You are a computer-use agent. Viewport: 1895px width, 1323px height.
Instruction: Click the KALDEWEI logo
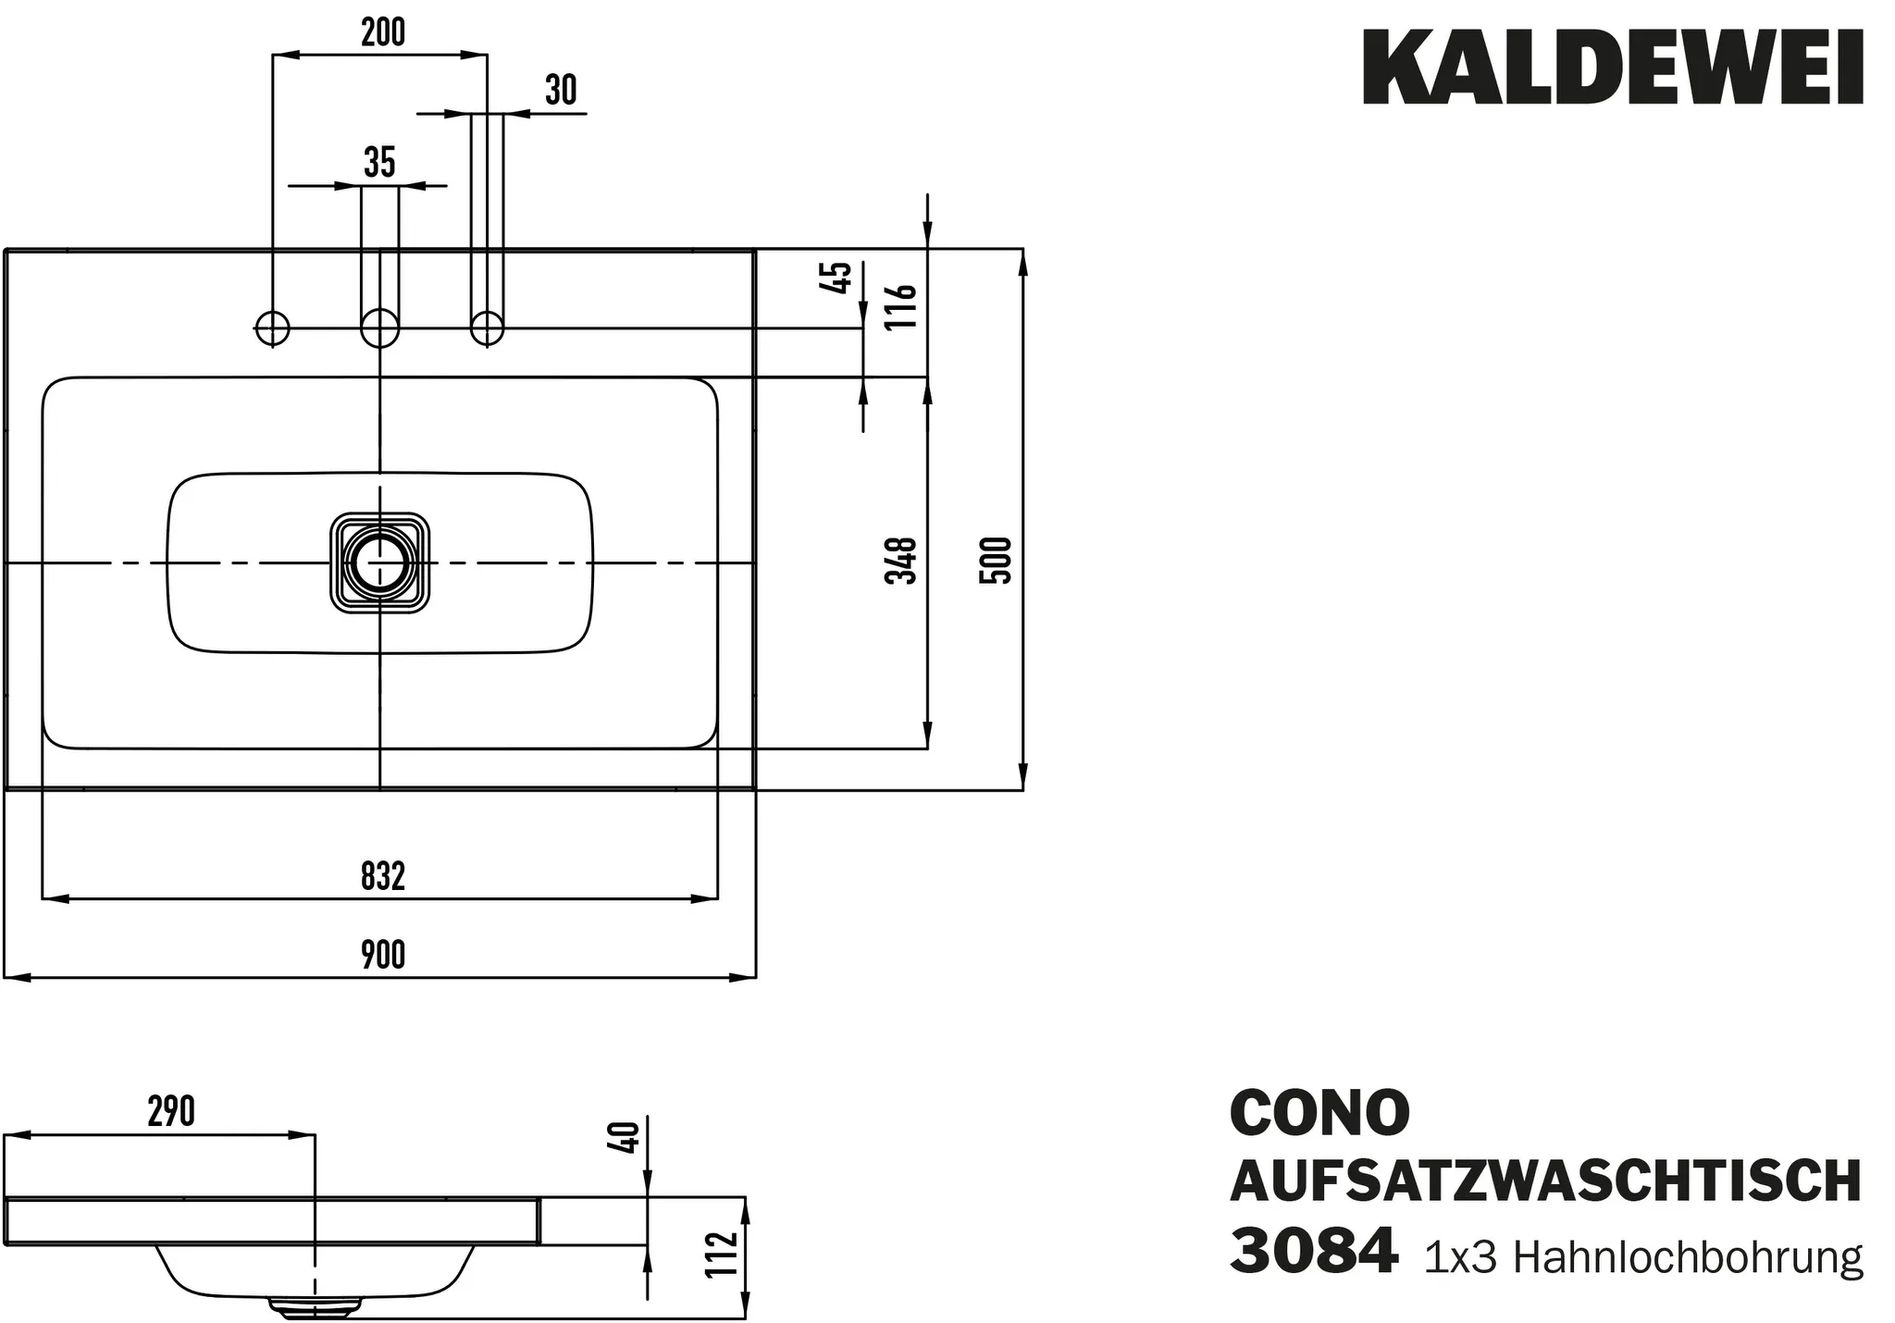pyautogui.click(x=1612, y=68)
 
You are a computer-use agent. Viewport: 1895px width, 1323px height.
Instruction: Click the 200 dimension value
pyautogui.click(x=382, y=32)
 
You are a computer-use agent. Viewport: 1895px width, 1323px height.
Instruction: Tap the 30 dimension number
pyautogui.click(x=561, y=91)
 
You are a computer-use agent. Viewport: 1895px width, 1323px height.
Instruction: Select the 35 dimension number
pyautogui.click(x=379, y=163)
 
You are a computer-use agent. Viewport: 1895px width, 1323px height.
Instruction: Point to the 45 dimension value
pyautogui.click(x=836, y=278)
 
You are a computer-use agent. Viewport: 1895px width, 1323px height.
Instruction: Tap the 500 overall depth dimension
pyautogui.click(x=996, y=560)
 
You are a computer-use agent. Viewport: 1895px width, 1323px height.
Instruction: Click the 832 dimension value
pyautogui.click(x=382, y=875)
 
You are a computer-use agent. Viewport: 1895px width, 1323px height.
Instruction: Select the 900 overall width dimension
pyautogui.click(x=382, y=955)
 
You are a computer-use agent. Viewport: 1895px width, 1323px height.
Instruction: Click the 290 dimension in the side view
pyautogui.click(x=171, y=1111)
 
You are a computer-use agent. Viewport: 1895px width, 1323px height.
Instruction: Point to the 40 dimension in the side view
pyautogui.click(x=626, y=1136)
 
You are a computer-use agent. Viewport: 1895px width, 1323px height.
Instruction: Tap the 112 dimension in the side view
pyautogui.click(x=722, y=1255)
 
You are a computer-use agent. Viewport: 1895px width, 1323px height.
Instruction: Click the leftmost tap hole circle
pyautogui.click(x=272, y=328)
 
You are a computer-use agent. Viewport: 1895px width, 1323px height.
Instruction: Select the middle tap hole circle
pyautogui.click(x=379, y=328)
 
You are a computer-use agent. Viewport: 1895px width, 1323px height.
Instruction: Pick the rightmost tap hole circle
pyautogui.click(x=487, y=328)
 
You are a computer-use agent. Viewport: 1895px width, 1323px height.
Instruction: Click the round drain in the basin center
pyautogui.click(x=379, y=563)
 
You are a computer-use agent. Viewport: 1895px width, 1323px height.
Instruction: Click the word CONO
pyautogui.click(x=1319, y=1113)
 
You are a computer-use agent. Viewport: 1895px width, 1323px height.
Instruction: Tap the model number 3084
pyautogui.click(x=1313, y=1252)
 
